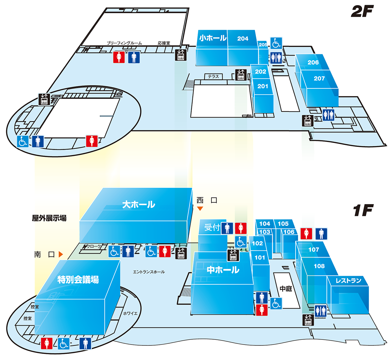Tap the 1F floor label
pos(363,211)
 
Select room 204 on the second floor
pos(243,39)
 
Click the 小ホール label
pos(213,38)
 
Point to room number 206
pos(313,62)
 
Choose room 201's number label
pos(263,86)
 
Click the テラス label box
pos(213,76)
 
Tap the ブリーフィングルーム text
pos(124,43)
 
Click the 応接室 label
pos(164,43)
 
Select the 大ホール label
pos(138,204)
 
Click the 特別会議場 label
pos(78,280)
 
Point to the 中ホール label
pos(223,270)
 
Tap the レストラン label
pos(348,281)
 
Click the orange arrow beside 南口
pos(61,254)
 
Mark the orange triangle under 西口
pos(200,209)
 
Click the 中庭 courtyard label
pos(286,289)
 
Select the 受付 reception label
pos(212,227)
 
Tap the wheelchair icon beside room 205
pos(276,43)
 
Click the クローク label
pos(94,247)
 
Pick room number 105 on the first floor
pos(283,223)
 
